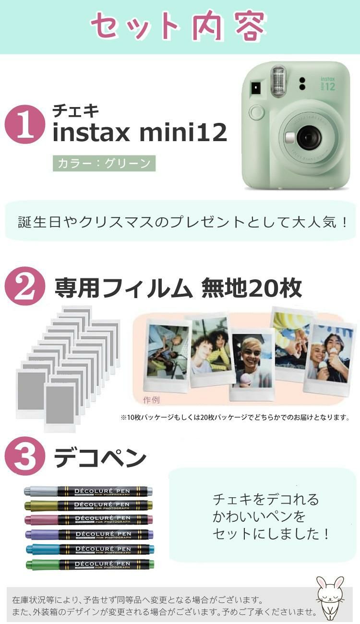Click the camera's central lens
[308, 138]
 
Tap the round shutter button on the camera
[257, 113]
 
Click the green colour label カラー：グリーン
[104, 163]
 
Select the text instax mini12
[139, 133]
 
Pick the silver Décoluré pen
[89, 491]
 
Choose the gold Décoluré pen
[89, 505]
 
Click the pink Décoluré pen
[89, 519]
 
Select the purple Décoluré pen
[89, 534]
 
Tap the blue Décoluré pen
[89, 549]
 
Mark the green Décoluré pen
[89, 564]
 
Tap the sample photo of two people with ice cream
[330, 354]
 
